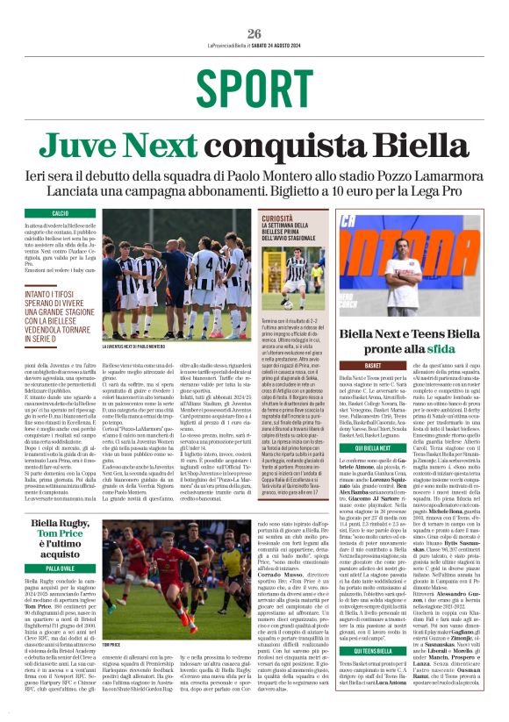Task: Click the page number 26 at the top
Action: pyautogui.click(x=254, y=33)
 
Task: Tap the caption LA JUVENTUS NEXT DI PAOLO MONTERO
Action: pyautogui.click(x=143, y=347)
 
